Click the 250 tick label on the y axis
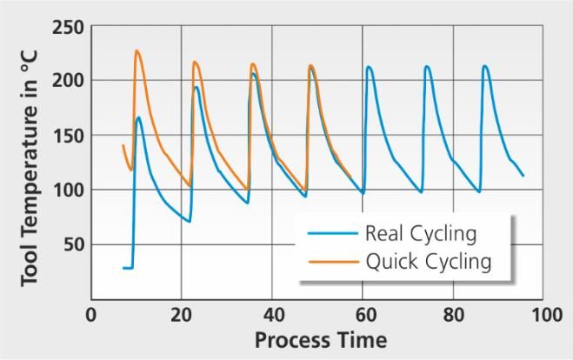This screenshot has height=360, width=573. pos(67,27)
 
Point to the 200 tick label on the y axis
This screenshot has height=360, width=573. pos(67,81)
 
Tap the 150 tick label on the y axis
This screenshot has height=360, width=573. pos(67,136)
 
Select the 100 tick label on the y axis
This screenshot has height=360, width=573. pos(67,190)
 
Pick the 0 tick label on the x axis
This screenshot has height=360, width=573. pos(90,314)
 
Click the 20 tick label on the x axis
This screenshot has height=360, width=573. pos(181,314)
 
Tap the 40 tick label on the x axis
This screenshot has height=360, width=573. pos(272,314)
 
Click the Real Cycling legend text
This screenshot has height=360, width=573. pos(421,233)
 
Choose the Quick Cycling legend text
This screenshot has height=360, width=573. pos(428,260)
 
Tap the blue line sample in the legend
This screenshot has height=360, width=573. pos(331,234)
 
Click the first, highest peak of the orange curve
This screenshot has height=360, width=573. pos(137,51)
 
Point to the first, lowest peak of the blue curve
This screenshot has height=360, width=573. pos(139,117)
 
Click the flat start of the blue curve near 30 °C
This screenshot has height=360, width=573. pos(127,268)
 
